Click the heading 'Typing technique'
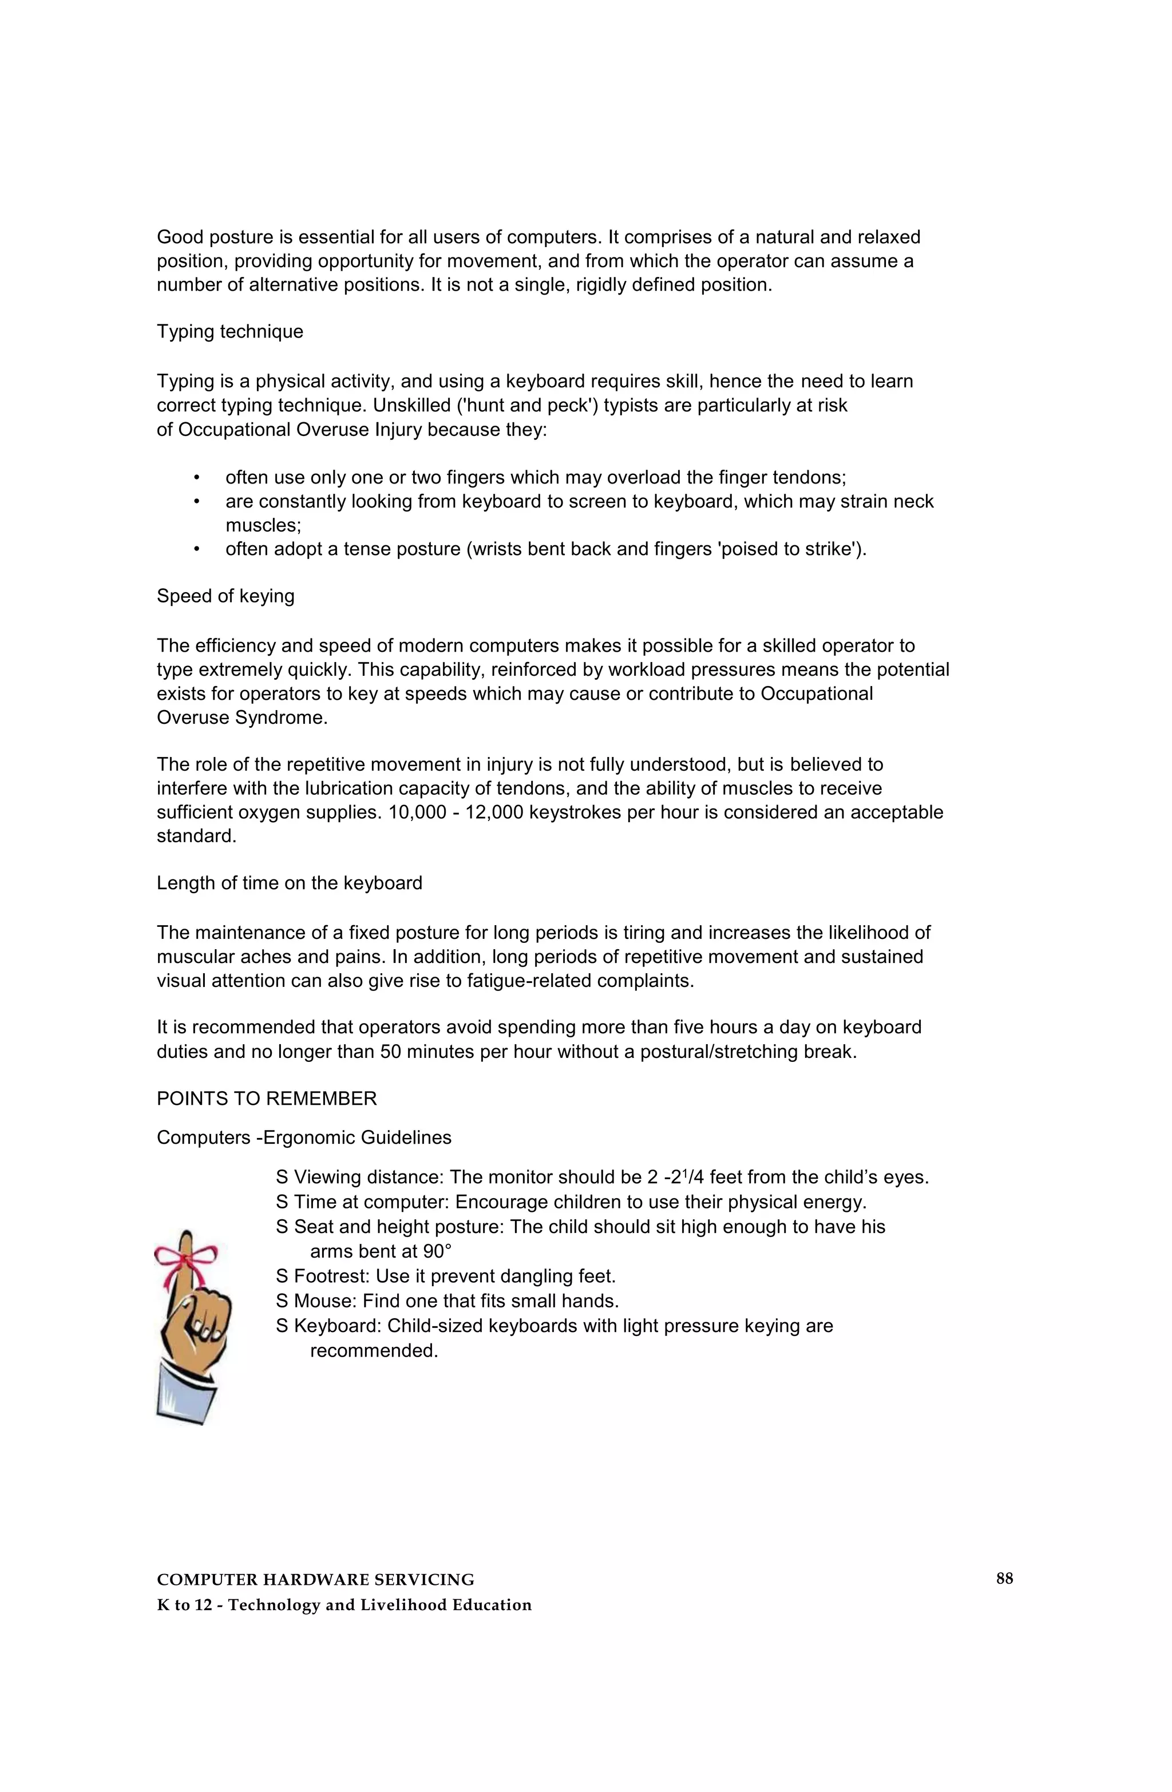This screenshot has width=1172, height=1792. click(229, 332)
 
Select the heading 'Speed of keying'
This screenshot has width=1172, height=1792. click(225, 596)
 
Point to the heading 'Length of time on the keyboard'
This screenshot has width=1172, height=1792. click(289, 883)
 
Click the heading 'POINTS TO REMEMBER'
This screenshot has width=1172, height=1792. click(267, 1099)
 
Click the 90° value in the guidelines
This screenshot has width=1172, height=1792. click(431, 1251)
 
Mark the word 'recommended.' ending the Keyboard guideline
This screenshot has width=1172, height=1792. click(374, 1351)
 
